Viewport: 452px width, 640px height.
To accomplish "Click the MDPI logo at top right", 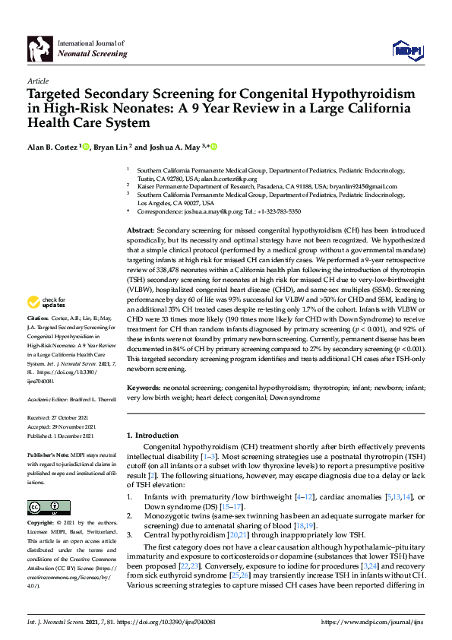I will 406,50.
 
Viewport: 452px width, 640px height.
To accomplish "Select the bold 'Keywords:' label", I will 145,387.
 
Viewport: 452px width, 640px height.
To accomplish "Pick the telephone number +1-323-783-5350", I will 280,211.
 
